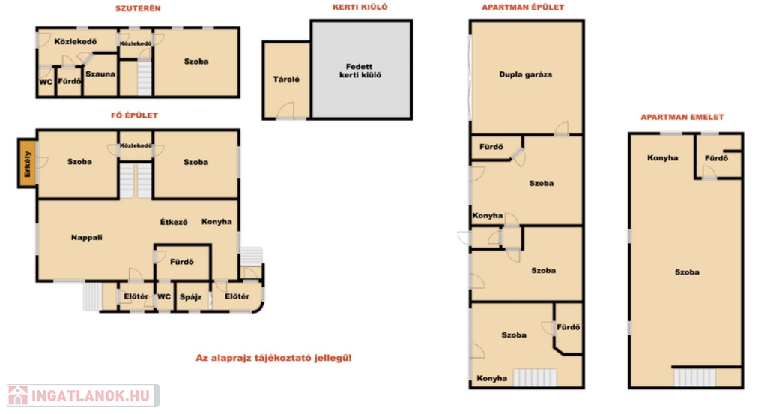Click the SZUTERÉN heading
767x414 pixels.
[x=138, y=8]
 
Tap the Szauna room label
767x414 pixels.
[x=100, y=74]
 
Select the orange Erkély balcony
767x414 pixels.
[x=28, y=163]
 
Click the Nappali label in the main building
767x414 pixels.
[x=87, y=238]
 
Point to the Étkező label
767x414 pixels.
[x=174, y=222]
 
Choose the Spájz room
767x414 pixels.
[x=192, y=296]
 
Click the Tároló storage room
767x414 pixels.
[x=287, y=80]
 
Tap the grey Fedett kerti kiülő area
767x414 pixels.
[x=362, y=70]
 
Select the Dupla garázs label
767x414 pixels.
[x=525, y=74]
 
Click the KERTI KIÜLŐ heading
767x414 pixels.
[x=360, y=7]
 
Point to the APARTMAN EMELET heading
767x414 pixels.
[x=682, y=117]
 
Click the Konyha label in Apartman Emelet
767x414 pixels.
[x=662, y=157]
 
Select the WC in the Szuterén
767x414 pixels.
[x=46, y=81]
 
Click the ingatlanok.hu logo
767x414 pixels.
[x=82, y=395]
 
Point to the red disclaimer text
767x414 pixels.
[x=273, y=358]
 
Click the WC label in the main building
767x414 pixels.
[x=164, y=296]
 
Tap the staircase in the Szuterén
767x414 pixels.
[x=145, y=77]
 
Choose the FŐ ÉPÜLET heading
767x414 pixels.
[x=134, y=115]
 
